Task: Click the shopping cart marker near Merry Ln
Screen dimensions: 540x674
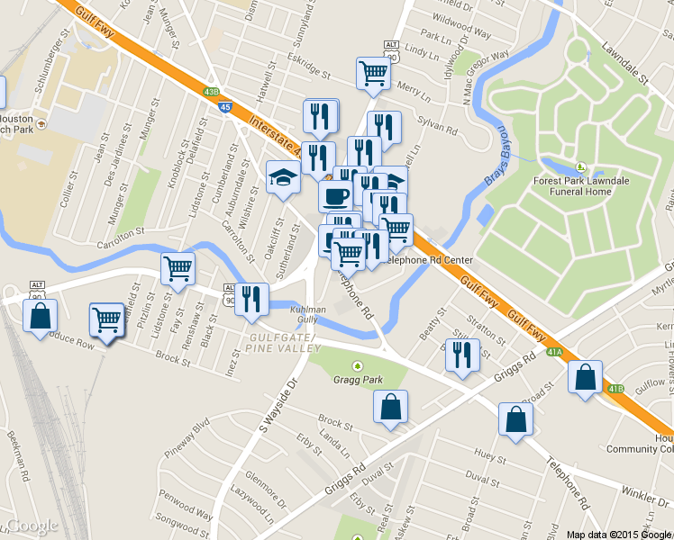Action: coord(373,74)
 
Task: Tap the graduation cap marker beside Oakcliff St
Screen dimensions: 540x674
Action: coord(283,176)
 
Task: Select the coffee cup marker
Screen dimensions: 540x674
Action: coord(335,195)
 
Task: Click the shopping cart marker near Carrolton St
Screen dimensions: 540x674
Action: coord(178,267)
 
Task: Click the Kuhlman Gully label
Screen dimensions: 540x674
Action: coord(304,313)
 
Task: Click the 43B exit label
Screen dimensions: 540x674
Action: coord(211,92)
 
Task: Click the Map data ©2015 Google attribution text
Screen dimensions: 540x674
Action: coord(619,534)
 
